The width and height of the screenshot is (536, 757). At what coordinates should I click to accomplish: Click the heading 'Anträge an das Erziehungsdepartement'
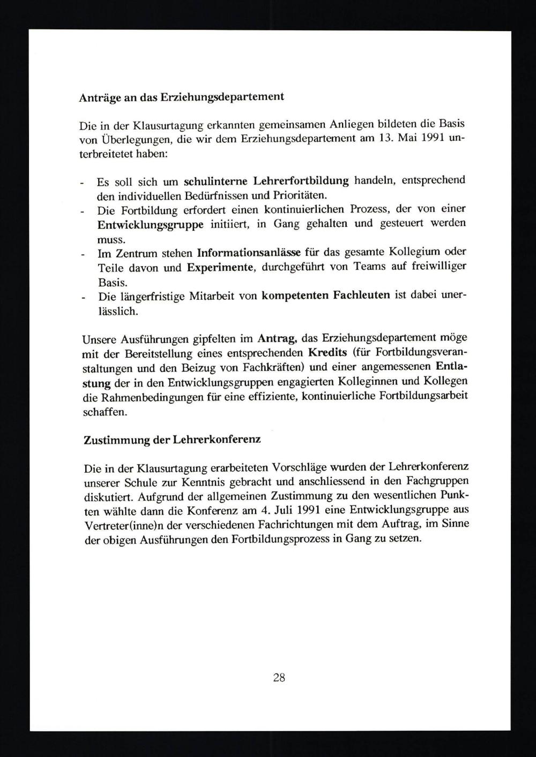tap(181, 97)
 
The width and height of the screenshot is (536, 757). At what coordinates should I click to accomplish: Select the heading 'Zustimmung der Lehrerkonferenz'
tap(172, 441)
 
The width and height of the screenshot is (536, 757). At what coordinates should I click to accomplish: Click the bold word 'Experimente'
tap(220, 267)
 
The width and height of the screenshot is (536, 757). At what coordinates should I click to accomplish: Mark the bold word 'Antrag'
tap(278, 338)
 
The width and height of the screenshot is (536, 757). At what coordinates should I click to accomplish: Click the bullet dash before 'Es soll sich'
tap(82, 183)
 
